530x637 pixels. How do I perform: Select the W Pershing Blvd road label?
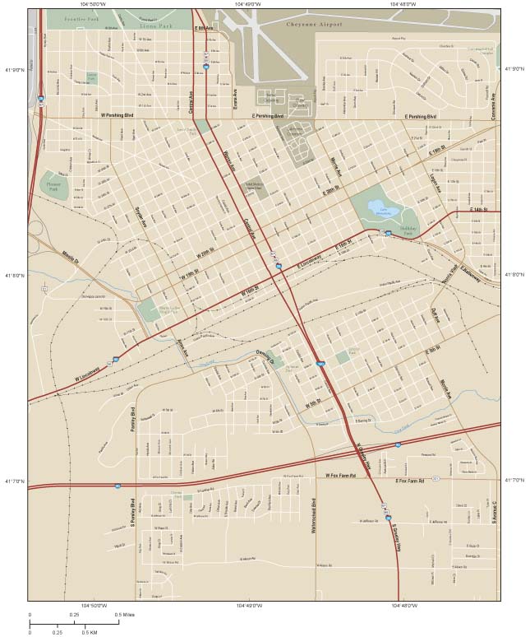point(116,116)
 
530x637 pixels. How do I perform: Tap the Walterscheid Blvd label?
point(313,517)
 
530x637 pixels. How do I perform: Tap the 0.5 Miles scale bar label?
point(122,614)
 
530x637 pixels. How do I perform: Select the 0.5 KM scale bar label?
point(90,632)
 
